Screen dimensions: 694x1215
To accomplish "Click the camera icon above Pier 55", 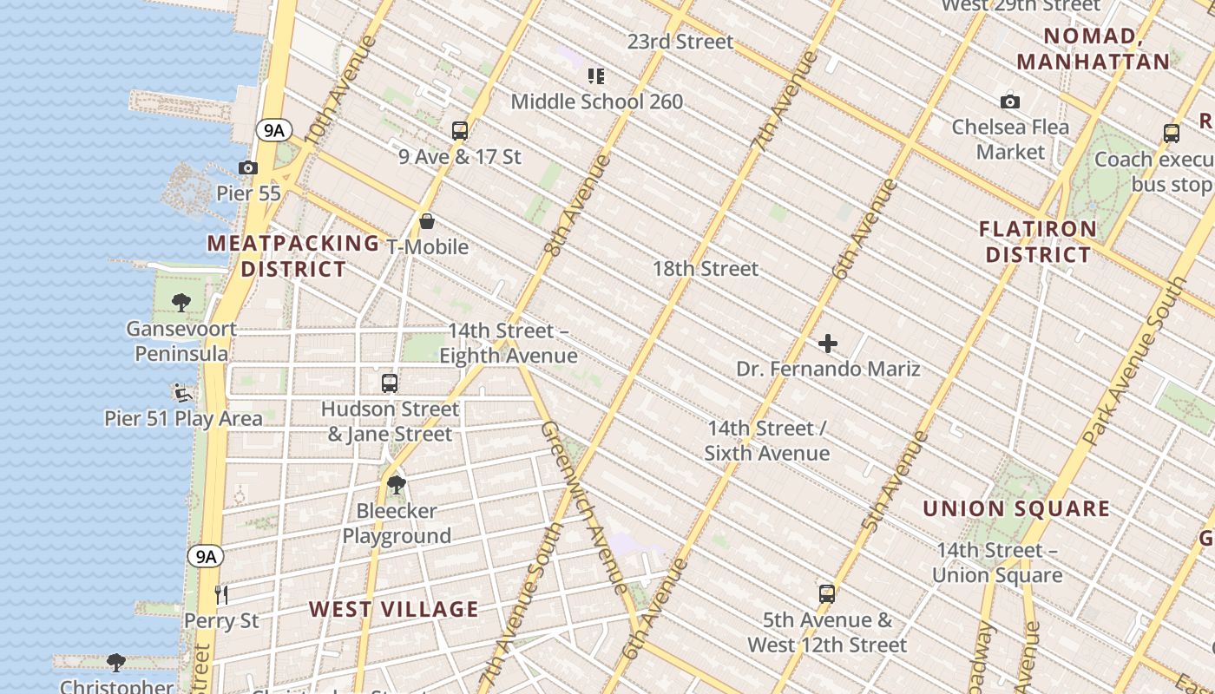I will pyautogui.click(x=248, y=167).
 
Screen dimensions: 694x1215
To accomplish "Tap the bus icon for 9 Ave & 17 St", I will pyautogui.click(x=460, y=131).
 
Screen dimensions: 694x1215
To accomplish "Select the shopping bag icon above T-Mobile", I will pyautogui.click(x=427, y=221).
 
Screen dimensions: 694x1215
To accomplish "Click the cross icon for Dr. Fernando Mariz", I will pyautogui.click(x=828, y=344).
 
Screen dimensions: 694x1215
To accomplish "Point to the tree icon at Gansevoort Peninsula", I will pyautogui.click(x=181, y=303).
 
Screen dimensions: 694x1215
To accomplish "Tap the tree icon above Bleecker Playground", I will pyautogui.click(x=397, y=484).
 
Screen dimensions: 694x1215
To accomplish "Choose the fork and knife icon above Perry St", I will pyautogui.click(x=221, y=594).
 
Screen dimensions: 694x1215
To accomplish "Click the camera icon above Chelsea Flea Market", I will pyautogui.click(x=1010, y=101).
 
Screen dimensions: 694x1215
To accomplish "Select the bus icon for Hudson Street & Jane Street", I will pyautogui.click(x=390, y=383).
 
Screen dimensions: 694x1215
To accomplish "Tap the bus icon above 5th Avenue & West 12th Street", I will pyautogui.click(x=827, y=594).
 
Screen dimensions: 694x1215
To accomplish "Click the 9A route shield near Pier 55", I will pyautogui.click(x=273, y=131).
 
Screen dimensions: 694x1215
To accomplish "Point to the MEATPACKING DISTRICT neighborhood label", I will pyautogui.click(x=293, y=256).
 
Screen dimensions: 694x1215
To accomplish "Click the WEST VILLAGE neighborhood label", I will pyautogui.click(x=394, y=609).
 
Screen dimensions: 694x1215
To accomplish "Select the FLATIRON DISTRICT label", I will pyautogui.click(x=1038, y=242).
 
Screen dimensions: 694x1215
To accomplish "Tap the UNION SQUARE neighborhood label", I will pyautogui.click(x=1016, y=508).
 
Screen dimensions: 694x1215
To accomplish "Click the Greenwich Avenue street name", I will pyautogui.click(x=583, y=507).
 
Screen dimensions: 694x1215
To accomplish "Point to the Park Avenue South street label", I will pyautogui.click(x=1135, y=363).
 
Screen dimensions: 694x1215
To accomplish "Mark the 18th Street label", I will pyautogui.click(x=706, y=269).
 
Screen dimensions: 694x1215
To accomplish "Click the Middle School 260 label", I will pyautogui.click(x=597, y=101).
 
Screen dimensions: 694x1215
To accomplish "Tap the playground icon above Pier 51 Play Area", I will pyautogui.click(x=183, y=393).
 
